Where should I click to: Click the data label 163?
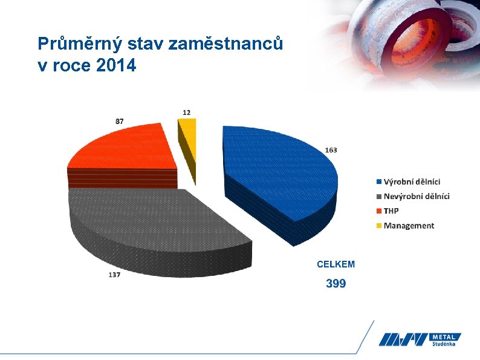[x=331, y=149]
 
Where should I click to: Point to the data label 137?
[x=115, y=275]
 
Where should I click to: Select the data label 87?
[x=120, y=121]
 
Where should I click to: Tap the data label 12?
[x=187, y=112]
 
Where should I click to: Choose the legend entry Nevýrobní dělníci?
[x=417, y=196]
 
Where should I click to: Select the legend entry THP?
[x=391, y=211]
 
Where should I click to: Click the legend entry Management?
[x=409, y=226]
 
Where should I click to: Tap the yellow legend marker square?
[x=379, y=226]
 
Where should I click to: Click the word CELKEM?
[x=336, y=264]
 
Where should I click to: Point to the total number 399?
[x=336, y=283]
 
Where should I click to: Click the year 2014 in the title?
[x=116, y=65]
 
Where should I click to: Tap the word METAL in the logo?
[x=446, y=336]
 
